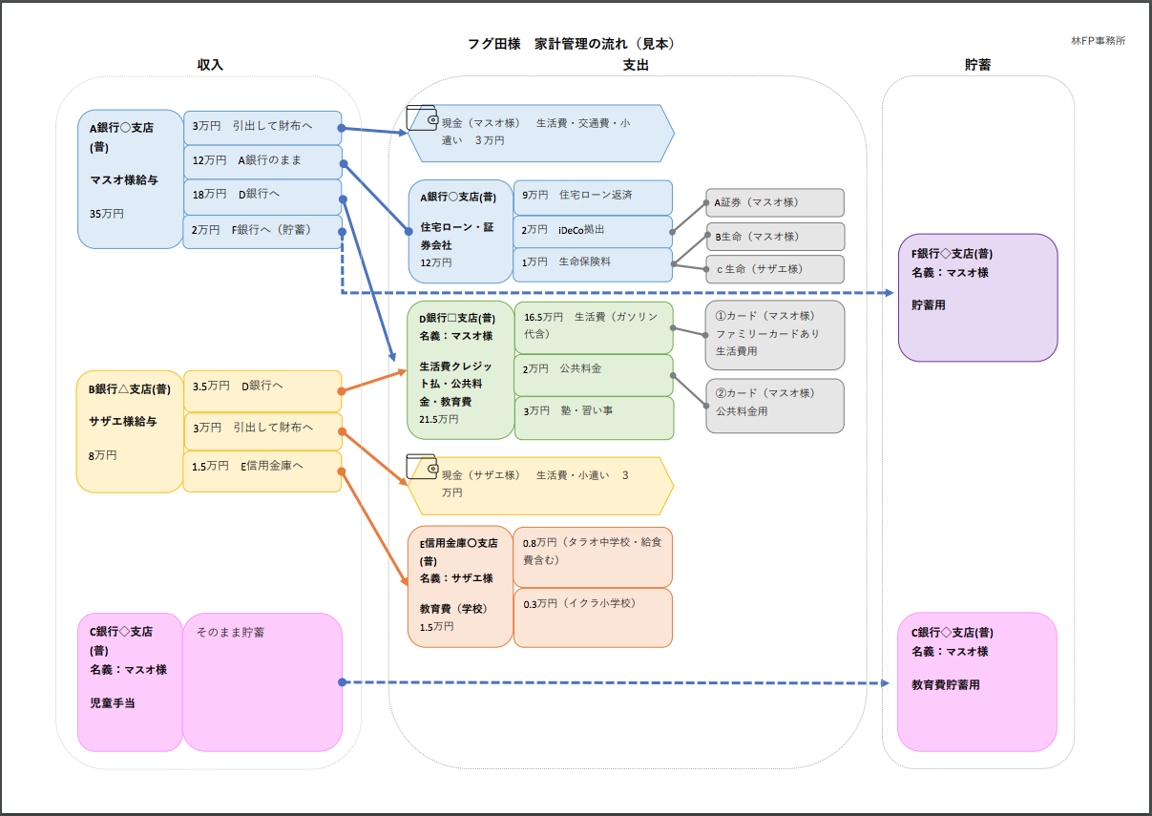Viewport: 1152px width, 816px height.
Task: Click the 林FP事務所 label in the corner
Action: pos(1098,41)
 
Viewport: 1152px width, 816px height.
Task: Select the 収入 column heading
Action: pos(210,65)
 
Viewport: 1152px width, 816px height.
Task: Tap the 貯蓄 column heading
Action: pos(977,65)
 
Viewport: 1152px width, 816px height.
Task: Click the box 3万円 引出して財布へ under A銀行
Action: pos(262,126)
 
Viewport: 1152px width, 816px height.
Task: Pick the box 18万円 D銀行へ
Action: pos(262,196)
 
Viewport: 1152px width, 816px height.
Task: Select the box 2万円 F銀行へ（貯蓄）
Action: pos(262,231)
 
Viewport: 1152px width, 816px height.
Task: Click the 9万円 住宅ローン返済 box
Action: pos(592,197)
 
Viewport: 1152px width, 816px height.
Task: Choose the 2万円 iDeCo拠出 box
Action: pos(592,231)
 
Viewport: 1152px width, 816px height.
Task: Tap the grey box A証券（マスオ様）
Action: pos(774,202)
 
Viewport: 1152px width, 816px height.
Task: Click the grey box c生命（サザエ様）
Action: pos(774,268)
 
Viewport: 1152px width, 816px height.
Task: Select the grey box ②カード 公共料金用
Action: pos(774,405)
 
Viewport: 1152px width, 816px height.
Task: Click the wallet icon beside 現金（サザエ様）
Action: pos(422,467)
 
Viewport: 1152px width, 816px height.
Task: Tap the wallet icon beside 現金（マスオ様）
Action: pos(422,117)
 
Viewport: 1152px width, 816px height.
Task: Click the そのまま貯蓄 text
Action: pos(231,632)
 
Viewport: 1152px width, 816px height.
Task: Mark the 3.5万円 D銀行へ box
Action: pos(262,386)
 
